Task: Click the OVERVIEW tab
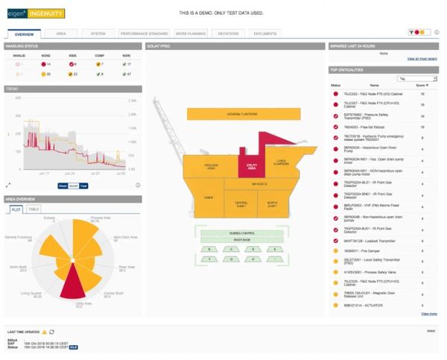pos(24,34)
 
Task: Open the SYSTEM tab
pos(98,34)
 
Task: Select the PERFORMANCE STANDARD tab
pos(145,34)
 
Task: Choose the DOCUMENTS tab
pos(264,34)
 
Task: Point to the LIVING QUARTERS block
pos(281,161)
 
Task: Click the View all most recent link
pos(422,58)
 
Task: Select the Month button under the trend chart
pos(73,185)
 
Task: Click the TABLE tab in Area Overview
pos(34,209)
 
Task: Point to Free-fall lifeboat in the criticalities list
pos(359,127)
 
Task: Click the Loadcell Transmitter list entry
pos(364,241)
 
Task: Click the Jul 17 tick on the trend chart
pos(44,172)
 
